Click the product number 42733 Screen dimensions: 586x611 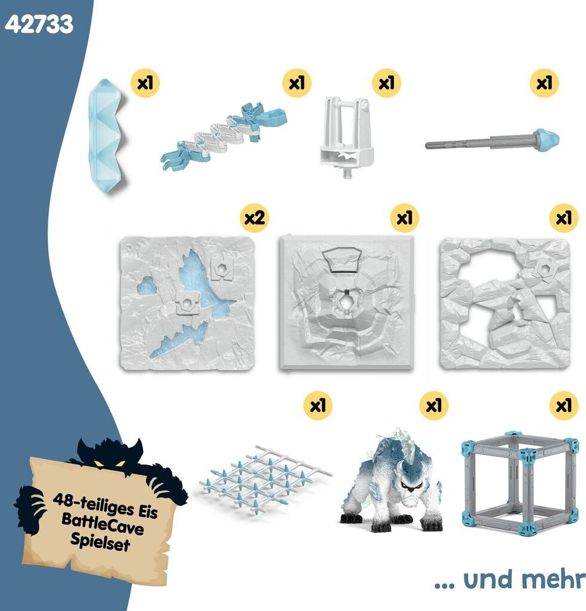39,24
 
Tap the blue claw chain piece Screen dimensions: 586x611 224,137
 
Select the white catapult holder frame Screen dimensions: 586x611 346,137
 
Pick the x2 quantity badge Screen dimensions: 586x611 255,217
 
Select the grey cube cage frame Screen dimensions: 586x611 519,483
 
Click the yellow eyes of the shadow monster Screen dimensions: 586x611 108,463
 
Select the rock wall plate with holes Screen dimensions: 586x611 504,303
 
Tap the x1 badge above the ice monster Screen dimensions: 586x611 434,405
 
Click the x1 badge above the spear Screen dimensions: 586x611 544,82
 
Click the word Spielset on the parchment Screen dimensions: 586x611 100,542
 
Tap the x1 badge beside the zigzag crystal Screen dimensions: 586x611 145,82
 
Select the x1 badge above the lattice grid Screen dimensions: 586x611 318,405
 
